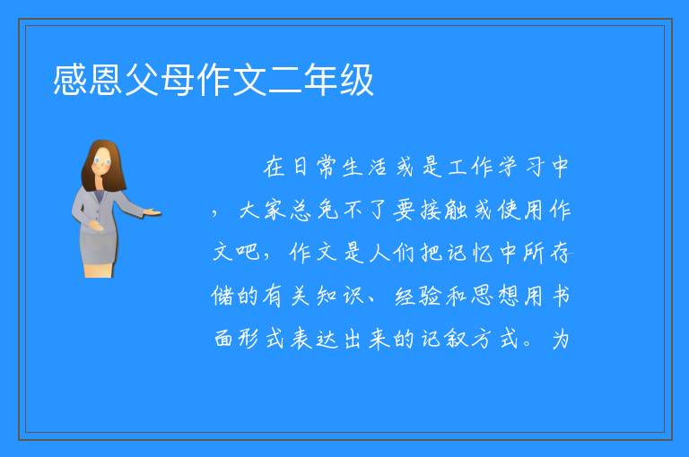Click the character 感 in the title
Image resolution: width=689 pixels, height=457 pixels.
click(x=70, y=80)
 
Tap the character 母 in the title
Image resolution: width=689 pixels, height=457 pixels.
click(x=178, y=80)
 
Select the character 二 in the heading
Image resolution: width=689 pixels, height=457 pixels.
click(x=284, y=80)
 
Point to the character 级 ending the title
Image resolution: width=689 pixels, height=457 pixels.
click(x=356, y=80)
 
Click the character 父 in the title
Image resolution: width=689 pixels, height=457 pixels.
click(x=142, y=80)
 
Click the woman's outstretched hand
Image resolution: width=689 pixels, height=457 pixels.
click(x=152, y=213)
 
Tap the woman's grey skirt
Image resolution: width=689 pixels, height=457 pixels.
click(x=98, y=247)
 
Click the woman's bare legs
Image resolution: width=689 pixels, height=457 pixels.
click(x=98, y=270)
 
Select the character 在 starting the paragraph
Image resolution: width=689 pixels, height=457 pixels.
click(x=274, y=167)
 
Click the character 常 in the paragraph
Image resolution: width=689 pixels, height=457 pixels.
click(x=326, y=167)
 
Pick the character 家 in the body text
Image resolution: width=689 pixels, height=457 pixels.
click(x=275, y=210)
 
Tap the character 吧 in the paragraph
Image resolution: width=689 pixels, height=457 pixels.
click(x=249, y=252)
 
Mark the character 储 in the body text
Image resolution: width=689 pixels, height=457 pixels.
click(x=222, y=295)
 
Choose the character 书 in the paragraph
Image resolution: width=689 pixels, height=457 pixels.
click(x=561, y=295)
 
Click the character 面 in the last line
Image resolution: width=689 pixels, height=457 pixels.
click(x=222, y=339)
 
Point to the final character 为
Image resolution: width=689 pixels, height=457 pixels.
click(x=561, y=339)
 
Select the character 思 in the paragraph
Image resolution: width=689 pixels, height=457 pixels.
click(x=482, y=295)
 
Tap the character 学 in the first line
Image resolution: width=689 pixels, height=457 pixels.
click(x=509, y=167)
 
